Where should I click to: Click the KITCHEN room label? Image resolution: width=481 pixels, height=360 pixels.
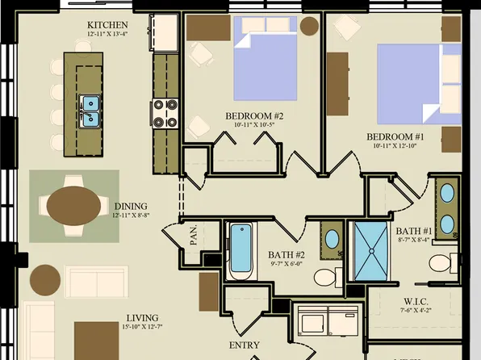point(107,25)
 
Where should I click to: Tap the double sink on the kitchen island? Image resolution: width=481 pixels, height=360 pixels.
point(90,111)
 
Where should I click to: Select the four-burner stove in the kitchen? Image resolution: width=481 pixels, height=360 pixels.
point(165,114)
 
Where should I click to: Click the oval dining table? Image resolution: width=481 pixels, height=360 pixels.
point(73,205)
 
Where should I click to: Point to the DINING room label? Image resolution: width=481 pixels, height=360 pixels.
point(130,206)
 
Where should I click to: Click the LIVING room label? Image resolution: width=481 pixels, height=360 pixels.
point(141,318)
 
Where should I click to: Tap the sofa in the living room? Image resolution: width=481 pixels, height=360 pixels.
point(96,282)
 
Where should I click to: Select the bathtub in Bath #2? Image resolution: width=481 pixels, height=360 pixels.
point(240,250)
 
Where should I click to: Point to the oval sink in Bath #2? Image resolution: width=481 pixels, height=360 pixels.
point(332,239)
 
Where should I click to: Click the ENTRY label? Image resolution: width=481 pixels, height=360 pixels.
point(245,345)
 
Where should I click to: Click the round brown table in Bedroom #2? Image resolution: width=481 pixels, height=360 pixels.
point(310,25)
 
